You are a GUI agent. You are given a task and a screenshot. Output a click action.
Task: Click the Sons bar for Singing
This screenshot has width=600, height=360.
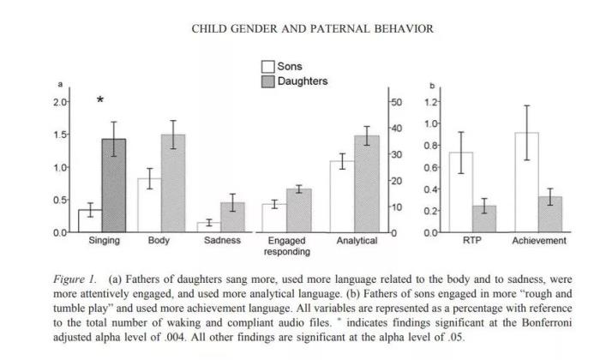90,221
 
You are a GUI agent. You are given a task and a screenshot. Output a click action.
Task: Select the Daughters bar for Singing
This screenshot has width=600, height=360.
114,185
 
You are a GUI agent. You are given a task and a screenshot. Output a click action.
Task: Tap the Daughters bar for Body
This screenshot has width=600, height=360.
172,183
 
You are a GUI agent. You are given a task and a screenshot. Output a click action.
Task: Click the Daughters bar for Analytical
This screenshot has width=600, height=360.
367,184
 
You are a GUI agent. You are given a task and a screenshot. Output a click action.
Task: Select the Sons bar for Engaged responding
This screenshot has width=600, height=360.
274,219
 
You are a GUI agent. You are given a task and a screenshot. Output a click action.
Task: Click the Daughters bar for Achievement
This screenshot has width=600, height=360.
550,214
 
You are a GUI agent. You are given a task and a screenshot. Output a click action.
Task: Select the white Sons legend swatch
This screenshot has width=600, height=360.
267,67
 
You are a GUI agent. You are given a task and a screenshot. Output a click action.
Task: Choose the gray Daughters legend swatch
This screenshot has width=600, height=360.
267,81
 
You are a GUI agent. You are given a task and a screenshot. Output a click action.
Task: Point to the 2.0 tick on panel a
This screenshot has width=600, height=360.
60,102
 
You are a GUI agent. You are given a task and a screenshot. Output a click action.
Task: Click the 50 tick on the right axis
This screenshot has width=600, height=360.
396,102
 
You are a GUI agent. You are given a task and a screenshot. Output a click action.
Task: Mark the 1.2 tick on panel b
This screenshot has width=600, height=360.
432,102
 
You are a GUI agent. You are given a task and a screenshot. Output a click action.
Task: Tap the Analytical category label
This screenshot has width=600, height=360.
357,241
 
